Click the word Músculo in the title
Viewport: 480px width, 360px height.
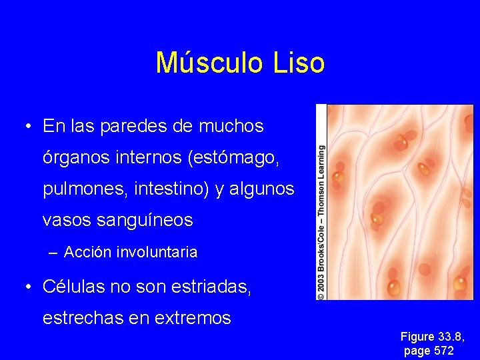point(208,63)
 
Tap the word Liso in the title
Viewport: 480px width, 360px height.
point(299,63)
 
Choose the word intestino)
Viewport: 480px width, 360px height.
point(168,189)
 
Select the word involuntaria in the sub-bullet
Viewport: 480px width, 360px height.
point(157,253)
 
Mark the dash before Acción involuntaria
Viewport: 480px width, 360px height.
point(53,253)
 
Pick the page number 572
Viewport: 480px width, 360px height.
point(443,350)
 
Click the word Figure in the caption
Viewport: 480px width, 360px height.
point(417,337)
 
